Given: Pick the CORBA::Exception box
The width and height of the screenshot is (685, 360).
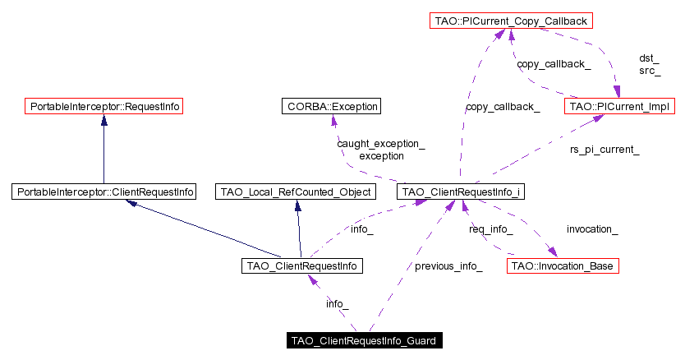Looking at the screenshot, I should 331,106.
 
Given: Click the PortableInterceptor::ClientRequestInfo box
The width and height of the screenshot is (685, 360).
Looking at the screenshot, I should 104,192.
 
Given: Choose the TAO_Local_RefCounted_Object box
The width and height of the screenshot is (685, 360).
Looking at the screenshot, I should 295,192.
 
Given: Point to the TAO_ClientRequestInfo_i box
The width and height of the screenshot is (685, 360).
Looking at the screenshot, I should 460,192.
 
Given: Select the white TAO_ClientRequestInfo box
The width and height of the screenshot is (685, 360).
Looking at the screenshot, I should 302,265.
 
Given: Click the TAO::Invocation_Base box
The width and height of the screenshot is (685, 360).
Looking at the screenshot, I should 562,265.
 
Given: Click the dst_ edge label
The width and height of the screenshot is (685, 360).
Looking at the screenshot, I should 649,58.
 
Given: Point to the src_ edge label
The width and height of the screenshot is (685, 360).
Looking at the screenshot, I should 649,71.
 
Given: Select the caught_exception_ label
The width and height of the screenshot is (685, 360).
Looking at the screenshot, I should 380,144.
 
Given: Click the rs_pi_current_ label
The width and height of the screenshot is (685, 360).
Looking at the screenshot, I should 605,150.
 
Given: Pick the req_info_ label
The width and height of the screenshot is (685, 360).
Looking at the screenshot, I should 491,228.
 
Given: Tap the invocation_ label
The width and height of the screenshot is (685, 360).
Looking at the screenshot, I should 592,228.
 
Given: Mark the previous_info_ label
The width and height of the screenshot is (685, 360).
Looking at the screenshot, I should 448,266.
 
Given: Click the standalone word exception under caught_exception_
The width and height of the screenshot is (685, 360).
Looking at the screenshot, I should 381,155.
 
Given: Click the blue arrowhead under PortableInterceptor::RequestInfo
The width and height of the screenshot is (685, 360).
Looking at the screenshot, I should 103,119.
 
